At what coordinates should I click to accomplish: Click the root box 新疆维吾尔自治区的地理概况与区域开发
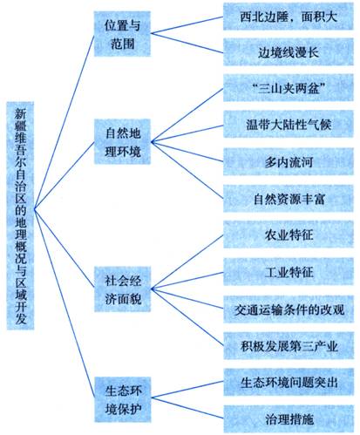(x=20, y=215)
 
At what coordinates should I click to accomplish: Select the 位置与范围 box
(x=122, y=34)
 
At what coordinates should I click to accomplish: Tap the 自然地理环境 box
(x=122, y=141)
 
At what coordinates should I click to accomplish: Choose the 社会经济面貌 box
(x=123, y=289)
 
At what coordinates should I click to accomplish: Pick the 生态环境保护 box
(x=123, y=399)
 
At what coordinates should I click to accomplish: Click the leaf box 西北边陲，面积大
(x=289, y=17)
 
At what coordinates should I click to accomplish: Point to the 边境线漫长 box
(x=289, y=52)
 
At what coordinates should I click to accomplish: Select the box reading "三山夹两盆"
(x=289, y=88)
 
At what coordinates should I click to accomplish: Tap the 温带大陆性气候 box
(x=289, y=124)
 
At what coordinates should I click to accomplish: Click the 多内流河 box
(x=289, y=161)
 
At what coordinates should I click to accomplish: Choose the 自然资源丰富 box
(x=289, y=199)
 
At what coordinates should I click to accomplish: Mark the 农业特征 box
(x=289, y=234)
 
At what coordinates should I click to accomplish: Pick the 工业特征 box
(x=289, y=272)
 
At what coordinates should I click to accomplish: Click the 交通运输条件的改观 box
(x=289, y=309)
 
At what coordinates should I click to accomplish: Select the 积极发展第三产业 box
(x=289, y=346)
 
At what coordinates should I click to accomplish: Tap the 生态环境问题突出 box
(x=289, y=382)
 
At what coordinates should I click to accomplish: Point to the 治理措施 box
(x=289, y=418)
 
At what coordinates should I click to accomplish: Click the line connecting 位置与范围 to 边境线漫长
(x=187, y=44)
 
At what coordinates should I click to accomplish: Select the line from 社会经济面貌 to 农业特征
(x=187, y=262)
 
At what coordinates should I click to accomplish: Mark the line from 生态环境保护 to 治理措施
(x=187, y=408)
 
